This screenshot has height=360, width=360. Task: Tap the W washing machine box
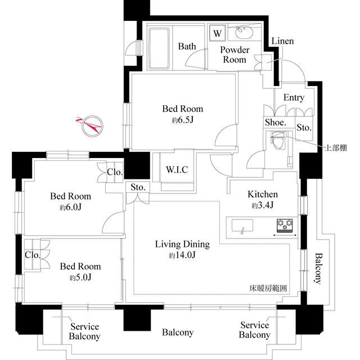pos(217,33)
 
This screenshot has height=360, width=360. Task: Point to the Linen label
pos(282,42)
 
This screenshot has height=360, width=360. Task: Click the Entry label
pos(294,97)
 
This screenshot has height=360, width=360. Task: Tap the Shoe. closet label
pos(276,122)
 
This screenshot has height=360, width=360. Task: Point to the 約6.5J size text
pos(182,120)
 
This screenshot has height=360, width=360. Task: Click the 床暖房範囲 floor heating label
pos(268,288)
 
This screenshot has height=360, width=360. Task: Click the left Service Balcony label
pos(84,332)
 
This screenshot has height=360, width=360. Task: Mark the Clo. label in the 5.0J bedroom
pos(32,255)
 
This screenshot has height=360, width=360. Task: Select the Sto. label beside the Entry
pos(304,128)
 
